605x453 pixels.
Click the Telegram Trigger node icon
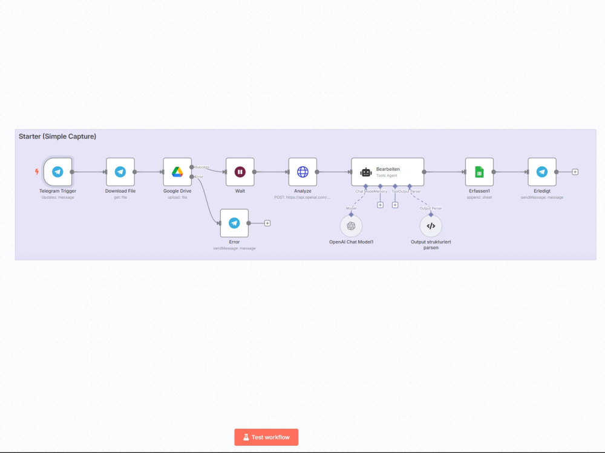pyautogui.click(x=57, y=172)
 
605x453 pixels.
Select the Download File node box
pyautogui.click(x=120, y=172)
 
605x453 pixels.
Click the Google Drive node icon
pyautogui.click(x=177, y=172)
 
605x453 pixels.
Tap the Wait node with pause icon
pyautogui.click(x=240, y=172)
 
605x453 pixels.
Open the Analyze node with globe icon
pyautogui.click(x=302, y=172)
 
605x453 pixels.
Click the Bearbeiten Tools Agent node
pyautogui.click(x=387, y=172)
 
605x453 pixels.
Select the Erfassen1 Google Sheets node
pyautogui.click(x=479, y=172)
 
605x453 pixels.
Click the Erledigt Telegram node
pyautogui.click(x=542, y=172)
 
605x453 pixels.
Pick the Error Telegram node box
pyautogui.click(x=234, y=223)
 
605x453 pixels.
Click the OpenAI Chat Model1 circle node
pyautogui.click(x=351, y=226)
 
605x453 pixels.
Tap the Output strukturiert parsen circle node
pyautogui.click(x=431, y=226)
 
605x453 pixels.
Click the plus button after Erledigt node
pyautogui.click(x=575, y=172)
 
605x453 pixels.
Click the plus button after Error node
pyautogui.click(x=267, y=223)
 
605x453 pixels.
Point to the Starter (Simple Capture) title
pyautogui.click(x=57, y=137)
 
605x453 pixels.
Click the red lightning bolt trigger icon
pyautogui.click(x=36, y=172)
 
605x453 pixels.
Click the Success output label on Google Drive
pyautogui.click(x=202, y=167)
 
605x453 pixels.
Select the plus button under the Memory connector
pyautogui.click(x=380, y=205)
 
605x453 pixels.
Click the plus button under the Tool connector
pyautogui.click(x=395, y=205)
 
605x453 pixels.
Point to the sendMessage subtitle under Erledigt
pyautogui.click(x=542, y=198)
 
